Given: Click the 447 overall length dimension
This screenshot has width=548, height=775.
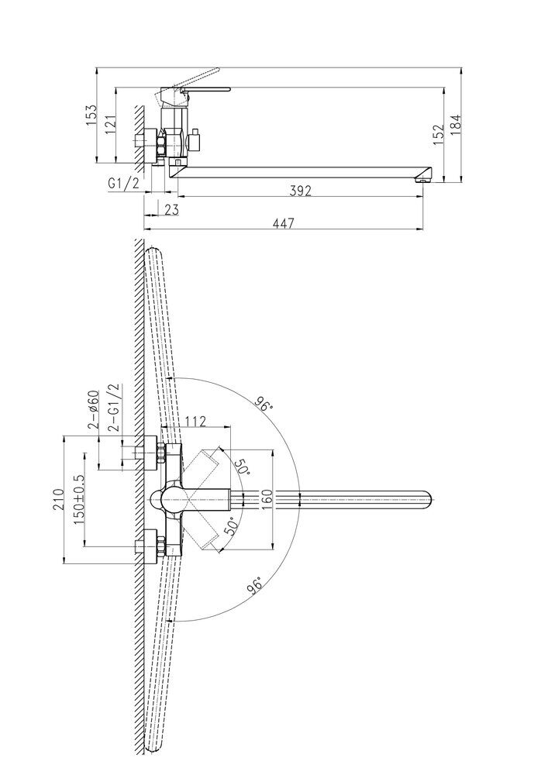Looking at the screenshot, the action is (283, 223).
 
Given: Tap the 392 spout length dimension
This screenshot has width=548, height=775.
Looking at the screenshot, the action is (301, 191).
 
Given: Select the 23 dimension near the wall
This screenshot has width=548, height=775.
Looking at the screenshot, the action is (171, 209).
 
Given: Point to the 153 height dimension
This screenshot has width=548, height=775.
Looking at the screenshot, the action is (92, 115).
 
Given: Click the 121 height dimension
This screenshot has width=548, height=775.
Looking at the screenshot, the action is (110, 125).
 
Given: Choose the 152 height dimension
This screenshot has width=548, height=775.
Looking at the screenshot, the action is (438, 134).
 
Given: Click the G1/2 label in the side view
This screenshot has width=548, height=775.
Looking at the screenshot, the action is (123, 184).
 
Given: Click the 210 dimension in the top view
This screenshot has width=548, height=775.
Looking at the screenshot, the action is (58, 498).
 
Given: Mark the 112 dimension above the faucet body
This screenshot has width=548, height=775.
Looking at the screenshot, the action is (195, 421).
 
